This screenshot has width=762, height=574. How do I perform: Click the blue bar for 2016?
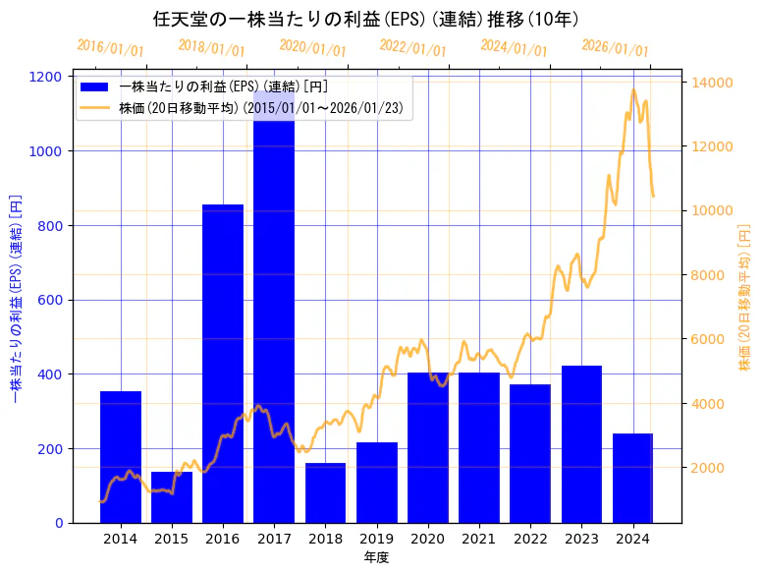click(223, 364)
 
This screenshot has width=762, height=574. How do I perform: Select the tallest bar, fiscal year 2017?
click(274, 315)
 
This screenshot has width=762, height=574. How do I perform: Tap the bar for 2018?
click(325, 492)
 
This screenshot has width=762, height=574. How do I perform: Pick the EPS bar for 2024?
click(632, 478)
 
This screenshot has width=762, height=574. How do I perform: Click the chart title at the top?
click(365, 19)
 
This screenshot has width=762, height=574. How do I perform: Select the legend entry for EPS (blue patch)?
click(97, 86)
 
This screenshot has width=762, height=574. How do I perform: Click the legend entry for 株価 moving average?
click(97, 107)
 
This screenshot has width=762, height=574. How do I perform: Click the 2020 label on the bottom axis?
click(427, 539)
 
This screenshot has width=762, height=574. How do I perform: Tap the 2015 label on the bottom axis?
click(172, 539)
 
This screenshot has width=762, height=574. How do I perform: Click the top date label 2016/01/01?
click(110, 48)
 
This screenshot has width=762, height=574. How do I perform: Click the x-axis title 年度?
click(376, 557)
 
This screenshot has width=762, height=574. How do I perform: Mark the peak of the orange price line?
click(633, 90)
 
